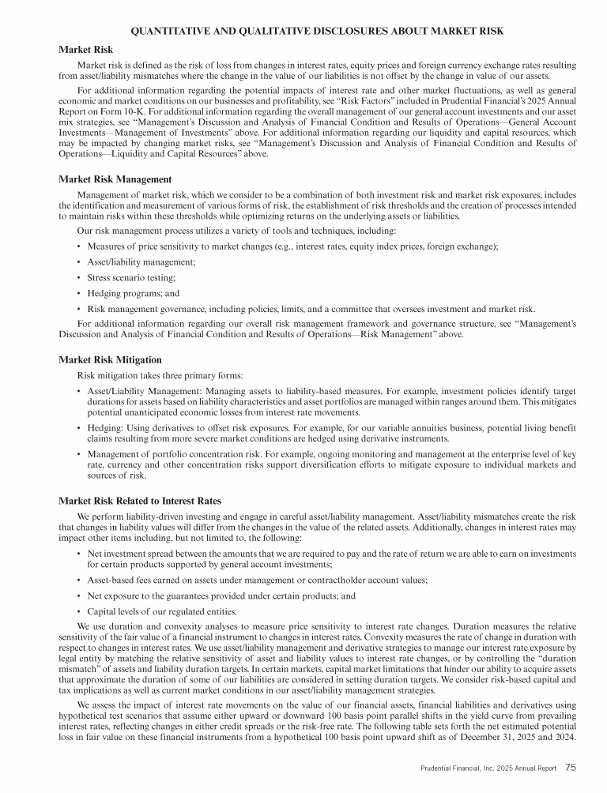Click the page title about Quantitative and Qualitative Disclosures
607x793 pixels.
tap(317, 31)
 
